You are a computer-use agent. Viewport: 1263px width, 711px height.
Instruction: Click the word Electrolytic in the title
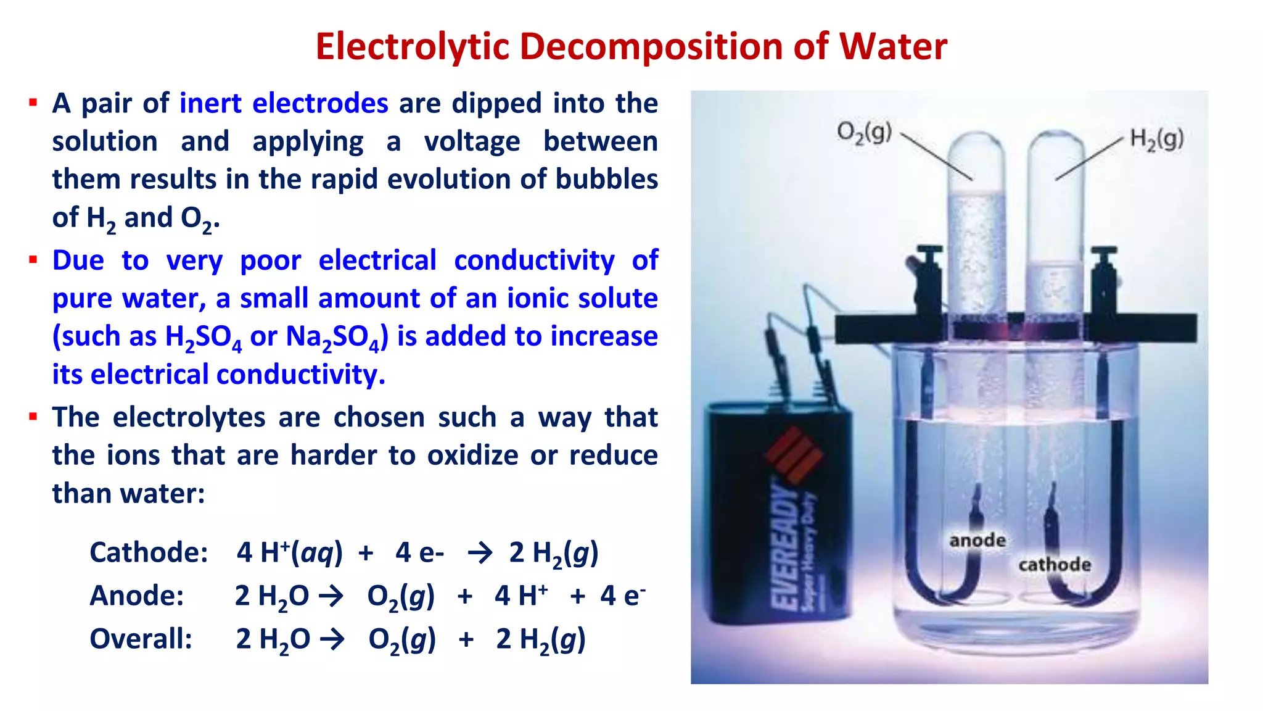[413, 47]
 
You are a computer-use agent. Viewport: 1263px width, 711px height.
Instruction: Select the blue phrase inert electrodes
[284, 103]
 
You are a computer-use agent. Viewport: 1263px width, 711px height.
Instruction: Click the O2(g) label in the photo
[864, 133]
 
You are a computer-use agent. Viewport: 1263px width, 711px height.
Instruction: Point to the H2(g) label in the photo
[1156, 139]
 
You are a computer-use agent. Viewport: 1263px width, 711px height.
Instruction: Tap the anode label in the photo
[977, 541]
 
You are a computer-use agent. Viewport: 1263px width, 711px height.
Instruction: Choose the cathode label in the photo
[1055, 565]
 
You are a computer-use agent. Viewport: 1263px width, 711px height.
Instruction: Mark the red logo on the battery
[794, 455]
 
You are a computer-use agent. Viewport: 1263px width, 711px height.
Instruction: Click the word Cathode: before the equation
[149, 552]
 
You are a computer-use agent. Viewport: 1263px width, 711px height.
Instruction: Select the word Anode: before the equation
[137, 596]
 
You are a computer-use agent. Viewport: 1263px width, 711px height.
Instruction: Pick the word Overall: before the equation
[141, 639]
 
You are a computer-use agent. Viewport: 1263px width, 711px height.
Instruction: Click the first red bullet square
[33, 102]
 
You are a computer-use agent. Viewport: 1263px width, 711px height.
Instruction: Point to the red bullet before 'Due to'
[33, 260]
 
